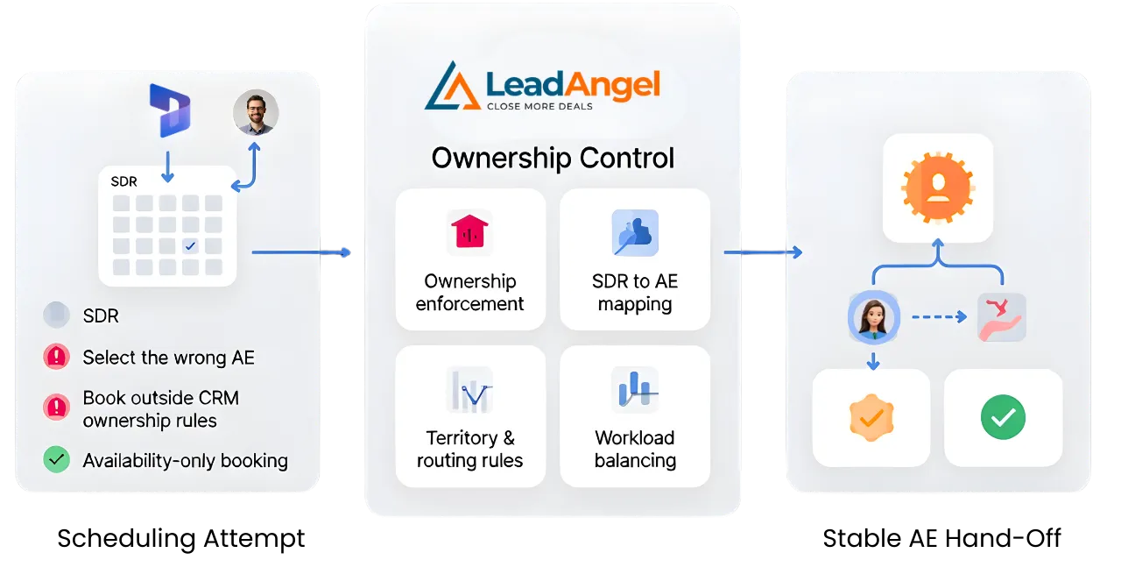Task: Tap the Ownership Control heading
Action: (x=553, y=159)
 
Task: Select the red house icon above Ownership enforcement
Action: (x=469, y=232)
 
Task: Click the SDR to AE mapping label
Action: (x=635, y=293)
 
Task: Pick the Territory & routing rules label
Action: (x=470, y=449)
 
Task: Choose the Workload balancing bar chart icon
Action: (x=635, y=389)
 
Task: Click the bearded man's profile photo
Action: (x=256, y=112)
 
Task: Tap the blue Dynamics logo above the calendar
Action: (x=169, y=110)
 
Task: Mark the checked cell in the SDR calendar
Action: (x=191, y=245)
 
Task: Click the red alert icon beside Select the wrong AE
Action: (x=56, y=357)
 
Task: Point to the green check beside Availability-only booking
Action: (x=56, y=459)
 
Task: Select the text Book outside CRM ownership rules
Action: (x=160, y=409)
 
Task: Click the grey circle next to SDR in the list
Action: (x=56, y=315)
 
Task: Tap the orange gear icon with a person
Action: (x=937, y=187)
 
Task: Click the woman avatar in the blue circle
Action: (x=873, y=317)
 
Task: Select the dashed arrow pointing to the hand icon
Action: (x=938, y=316)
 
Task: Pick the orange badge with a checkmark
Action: (x=871, y=417)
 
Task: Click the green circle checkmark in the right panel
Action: (x=1003, y=417)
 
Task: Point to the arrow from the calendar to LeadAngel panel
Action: (x=302, y=252)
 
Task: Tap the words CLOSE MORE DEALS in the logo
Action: (x=539, y=107)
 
